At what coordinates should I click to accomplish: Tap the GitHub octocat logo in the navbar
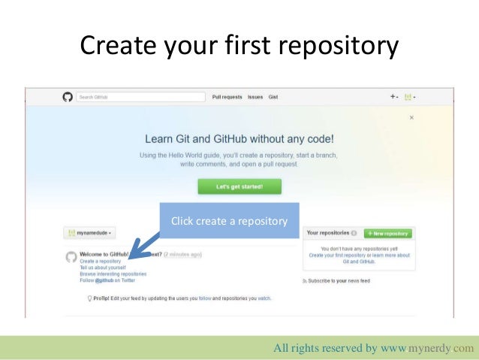point(67,97)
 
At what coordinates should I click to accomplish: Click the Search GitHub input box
point(140,97)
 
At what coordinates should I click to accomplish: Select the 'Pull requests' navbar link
point(227,97)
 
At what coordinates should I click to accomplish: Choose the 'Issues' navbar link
point(255,97)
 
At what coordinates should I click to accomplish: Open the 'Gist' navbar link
point(273,97)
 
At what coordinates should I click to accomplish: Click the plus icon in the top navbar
point(393,97)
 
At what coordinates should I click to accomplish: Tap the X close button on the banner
point(411,118)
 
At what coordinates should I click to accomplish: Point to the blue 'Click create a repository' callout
point(229,221)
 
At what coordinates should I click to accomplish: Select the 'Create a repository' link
point(100,261)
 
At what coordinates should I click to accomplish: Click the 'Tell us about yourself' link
point(103,267)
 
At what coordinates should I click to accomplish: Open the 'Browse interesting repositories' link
point(113,274)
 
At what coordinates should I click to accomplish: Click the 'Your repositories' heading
point(328,234)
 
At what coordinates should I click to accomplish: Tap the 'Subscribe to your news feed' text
point(338,280)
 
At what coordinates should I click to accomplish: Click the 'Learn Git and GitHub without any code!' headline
point(239,140)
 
